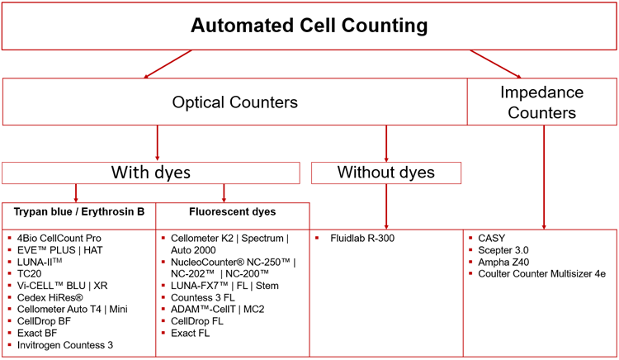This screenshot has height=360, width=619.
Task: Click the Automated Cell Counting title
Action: click(x=309, y=26)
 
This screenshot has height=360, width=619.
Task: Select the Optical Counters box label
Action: click(x=234, y=102)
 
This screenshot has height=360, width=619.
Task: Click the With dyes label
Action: click(x=150, y=173)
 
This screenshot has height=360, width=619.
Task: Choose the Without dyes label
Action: click(x=385, y=173)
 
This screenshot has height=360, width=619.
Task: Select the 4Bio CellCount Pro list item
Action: click(x=60, y=239)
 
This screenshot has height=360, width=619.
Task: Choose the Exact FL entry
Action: click(x=191, y=333)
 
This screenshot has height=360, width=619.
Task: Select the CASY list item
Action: click(x=492, y=239)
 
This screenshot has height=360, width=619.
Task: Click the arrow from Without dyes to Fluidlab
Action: click(x=385, y=206)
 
